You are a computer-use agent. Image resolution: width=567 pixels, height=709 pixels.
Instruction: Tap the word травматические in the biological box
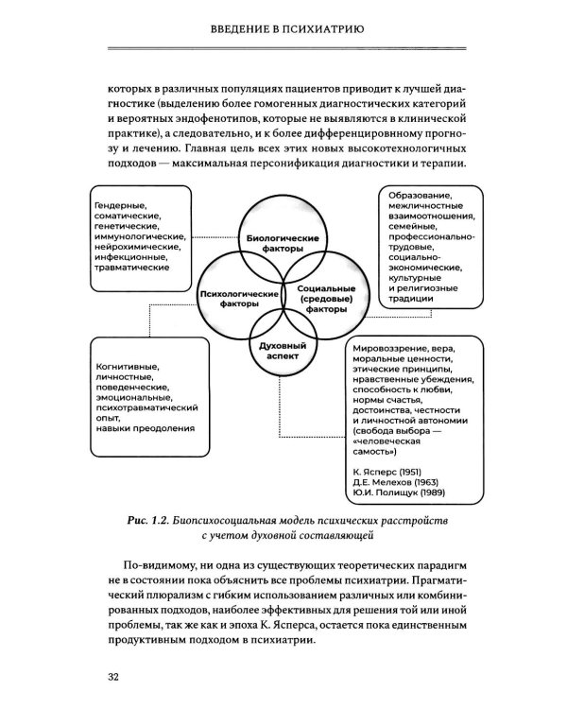coord(133,268)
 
